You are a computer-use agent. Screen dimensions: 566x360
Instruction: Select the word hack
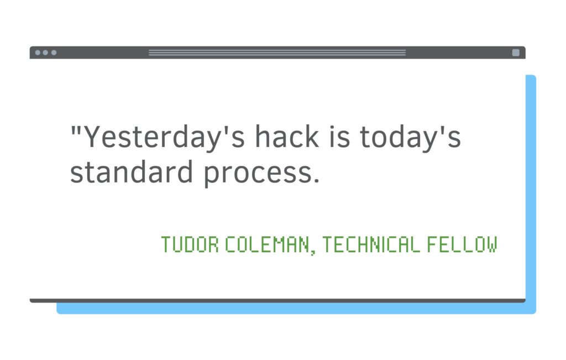(287, 136)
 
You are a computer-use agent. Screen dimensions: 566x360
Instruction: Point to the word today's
(411, 137)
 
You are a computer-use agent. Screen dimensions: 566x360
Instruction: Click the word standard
(132, 171)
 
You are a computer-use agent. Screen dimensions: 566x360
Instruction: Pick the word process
(258, 175)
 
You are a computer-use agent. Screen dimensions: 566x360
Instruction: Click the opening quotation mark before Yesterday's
(76, 129)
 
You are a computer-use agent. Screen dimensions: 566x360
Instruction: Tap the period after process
(317, 181)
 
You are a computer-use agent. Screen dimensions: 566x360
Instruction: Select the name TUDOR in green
(190, 244)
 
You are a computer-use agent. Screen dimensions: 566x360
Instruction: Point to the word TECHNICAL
(371, 244)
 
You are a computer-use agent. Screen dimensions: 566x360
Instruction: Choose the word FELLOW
(462, 244)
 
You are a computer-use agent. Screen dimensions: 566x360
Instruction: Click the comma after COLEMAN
(312, 252)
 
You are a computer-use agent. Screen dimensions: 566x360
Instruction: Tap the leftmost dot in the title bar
(38, 53)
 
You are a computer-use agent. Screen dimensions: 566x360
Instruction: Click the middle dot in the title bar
(45, 53)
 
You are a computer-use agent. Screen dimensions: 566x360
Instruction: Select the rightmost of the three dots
(54, 53)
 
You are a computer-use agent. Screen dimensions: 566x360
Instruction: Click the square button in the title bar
(516, 53)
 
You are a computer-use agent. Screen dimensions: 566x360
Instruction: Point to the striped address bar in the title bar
(277, 53)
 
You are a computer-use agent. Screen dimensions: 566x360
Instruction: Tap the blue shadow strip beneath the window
(296, 309)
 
